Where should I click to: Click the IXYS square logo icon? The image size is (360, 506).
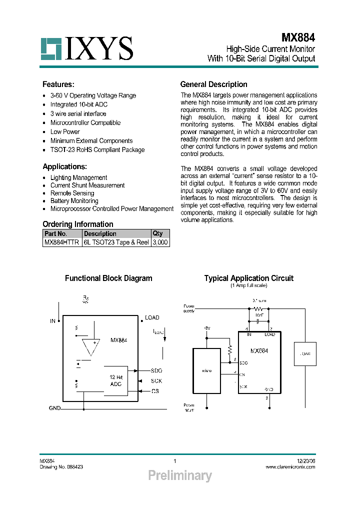50,48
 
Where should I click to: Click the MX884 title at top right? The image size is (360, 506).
298,37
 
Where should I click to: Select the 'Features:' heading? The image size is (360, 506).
58,84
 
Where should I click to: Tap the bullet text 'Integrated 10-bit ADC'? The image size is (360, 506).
78,104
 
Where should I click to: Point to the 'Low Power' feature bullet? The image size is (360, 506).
65,131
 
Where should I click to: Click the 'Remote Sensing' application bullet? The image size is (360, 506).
72,193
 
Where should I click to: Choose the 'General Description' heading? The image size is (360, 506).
213,84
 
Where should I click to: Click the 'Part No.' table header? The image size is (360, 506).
55,233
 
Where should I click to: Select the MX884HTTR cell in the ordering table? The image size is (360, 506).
61,242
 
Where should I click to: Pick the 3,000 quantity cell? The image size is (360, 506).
160,242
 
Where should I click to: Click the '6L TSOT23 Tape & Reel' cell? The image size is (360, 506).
116,242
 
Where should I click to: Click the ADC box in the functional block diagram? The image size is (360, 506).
116,380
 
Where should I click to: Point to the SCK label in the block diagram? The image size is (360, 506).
156,381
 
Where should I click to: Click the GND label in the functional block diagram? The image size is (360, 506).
54,408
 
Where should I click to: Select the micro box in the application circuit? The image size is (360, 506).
207,370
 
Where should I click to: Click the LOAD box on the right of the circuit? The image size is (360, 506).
305,354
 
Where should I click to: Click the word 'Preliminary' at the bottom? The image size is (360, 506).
180,475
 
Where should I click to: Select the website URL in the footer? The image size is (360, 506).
290,467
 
